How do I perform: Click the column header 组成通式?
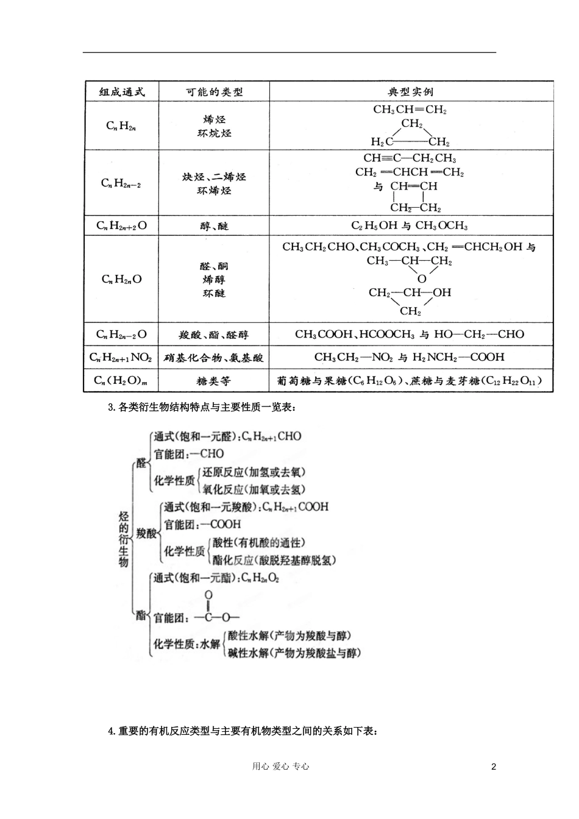tap(122, 92)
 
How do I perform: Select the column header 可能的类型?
tap(214, 92)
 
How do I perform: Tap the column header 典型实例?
tap(411, 92)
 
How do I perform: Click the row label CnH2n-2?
tap(121, 183)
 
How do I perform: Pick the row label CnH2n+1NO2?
tap(121, 358)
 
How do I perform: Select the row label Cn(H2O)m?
tap(121, 381)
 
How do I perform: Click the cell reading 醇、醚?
tap(214, 226)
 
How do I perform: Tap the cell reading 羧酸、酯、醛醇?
tap(214, 335)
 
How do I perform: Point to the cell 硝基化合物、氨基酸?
tap(214, 358)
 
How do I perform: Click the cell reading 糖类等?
tap(214, 381)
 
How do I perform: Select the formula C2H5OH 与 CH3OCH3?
tap(410, 226)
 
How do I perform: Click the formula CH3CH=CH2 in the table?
tap(410, 110)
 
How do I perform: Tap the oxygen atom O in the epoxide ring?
tap(422, 279)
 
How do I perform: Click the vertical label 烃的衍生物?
tap(124, 540)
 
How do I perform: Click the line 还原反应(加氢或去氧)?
tap(254, 472)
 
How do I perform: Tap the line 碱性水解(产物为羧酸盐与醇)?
tap(294, 653)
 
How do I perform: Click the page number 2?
tap(494, 767)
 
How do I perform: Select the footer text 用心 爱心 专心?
tap(281, 767)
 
